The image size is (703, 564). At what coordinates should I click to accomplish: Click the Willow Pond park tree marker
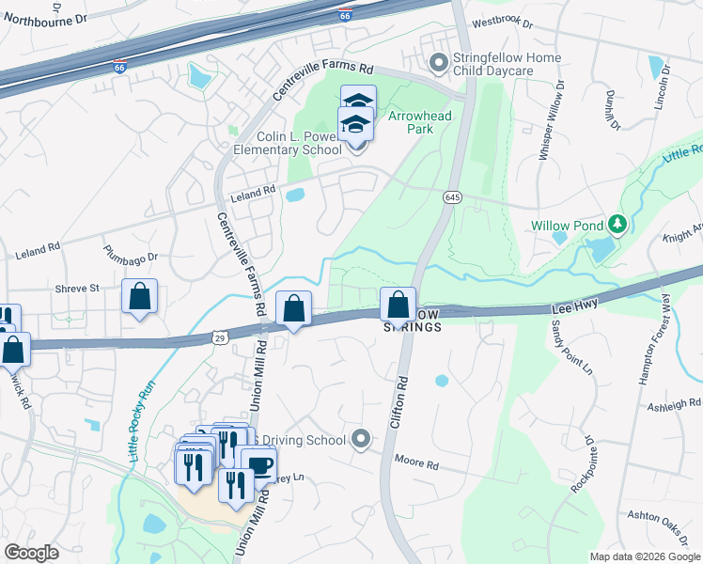pos(617,225)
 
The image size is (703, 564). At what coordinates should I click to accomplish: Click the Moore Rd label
pos(417,465)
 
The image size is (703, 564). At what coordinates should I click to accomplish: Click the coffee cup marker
pos(258,464)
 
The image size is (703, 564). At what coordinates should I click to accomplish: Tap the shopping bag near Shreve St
pos(139,296)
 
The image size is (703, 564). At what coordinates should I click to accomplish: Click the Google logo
pos(32,552)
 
